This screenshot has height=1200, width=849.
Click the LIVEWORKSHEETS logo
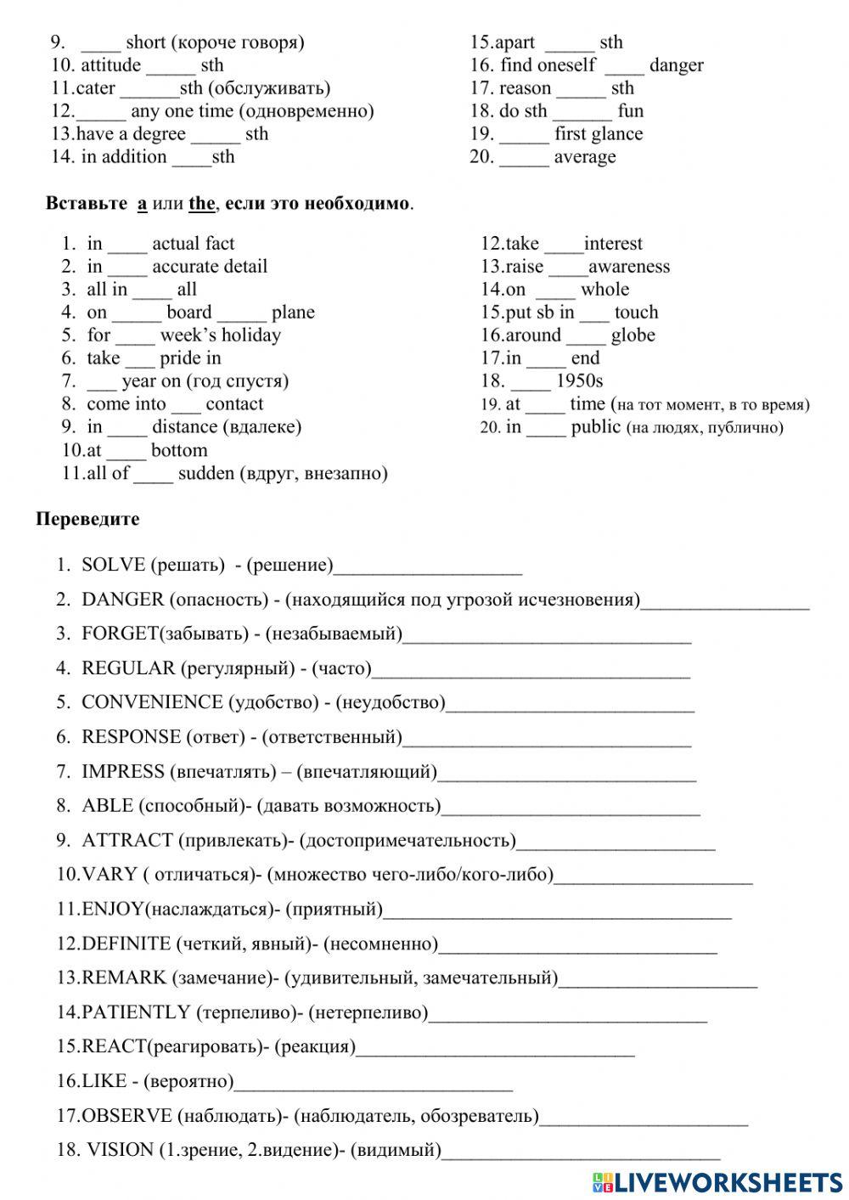[x=717, y=1181]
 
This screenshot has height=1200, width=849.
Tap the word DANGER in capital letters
[x=123, y=600]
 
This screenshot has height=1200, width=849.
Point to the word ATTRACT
[x=127, y=840]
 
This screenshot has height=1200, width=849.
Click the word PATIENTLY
[x=136, y=1012]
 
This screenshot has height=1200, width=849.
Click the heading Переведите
[x=87, y=519]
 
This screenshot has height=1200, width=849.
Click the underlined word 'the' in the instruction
[x=201, y=204]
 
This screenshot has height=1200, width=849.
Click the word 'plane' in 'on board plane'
[x=293, y=313]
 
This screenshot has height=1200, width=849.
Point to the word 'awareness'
[x=629, y=267]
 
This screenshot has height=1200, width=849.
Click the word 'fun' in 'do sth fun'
[x=631, y=111]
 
